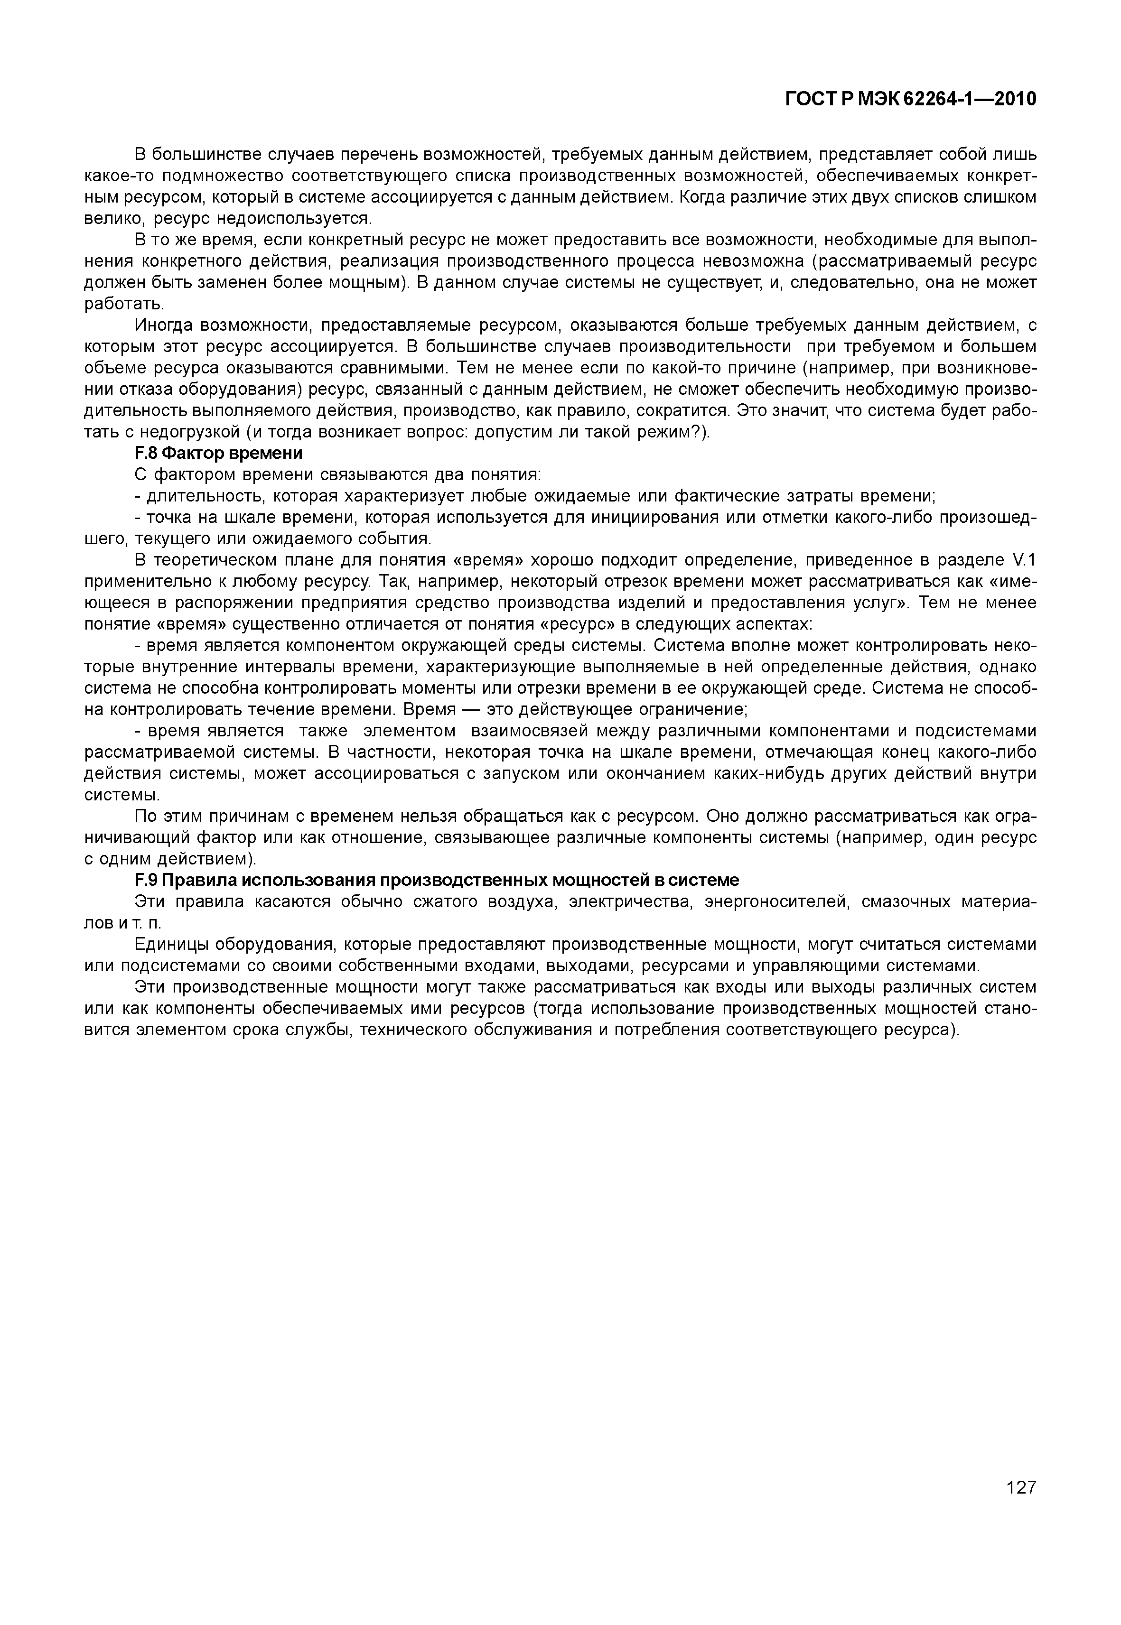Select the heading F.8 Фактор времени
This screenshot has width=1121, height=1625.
[218, 454]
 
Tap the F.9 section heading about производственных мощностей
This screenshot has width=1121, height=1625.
[436, 881]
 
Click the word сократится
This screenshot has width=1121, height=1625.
[680, 411]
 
